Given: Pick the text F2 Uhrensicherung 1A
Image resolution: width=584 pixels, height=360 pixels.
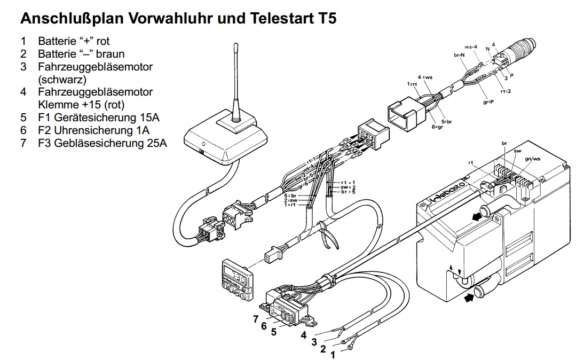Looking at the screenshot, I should point(93,130).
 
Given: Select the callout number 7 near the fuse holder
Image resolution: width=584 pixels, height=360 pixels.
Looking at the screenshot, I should point(256,319).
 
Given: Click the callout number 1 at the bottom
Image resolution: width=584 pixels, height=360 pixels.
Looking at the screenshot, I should point(333,355).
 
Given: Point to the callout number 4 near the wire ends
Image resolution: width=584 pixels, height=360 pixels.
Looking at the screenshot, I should point(303,335).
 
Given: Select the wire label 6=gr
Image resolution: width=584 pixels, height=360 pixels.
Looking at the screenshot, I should point(438,127).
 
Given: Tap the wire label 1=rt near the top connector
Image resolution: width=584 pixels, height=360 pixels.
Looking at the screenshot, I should point(411,84).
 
